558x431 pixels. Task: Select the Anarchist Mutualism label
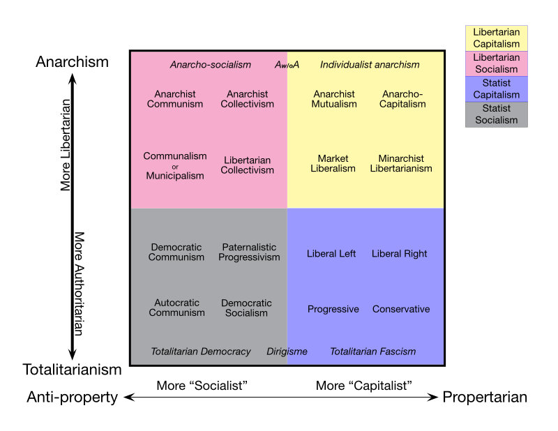click(x=334, y=99)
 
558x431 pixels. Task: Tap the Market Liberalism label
click(x=333, y=163)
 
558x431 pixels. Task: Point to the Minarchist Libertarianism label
click(x=401, y=163)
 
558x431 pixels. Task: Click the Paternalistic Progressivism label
click(x=249, y=252)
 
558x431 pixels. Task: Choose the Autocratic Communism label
click(x=177, y=308)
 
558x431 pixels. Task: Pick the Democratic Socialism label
click(x=246, y=308)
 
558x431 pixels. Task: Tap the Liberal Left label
click(x=331, y=254)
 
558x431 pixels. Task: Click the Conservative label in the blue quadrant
click(x=401, y=309)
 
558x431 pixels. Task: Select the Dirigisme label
click(x=287, y=351)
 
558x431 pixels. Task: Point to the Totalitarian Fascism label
click(x=372, y=351)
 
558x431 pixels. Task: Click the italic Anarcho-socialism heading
click(x=210, y=65)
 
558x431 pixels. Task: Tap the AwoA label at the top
click(x=287, y=65)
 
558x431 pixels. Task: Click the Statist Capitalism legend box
click(x=496, y=89)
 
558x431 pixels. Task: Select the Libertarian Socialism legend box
click(x=496, y=63)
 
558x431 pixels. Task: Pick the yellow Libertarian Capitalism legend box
click(x=496, y=38)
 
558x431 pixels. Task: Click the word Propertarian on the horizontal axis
click(x=485, y=398)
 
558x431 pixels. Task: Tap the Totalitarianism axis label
click(x=72, y=370)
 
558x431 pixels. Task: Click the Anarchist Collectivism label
click(x=248, y=99)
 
